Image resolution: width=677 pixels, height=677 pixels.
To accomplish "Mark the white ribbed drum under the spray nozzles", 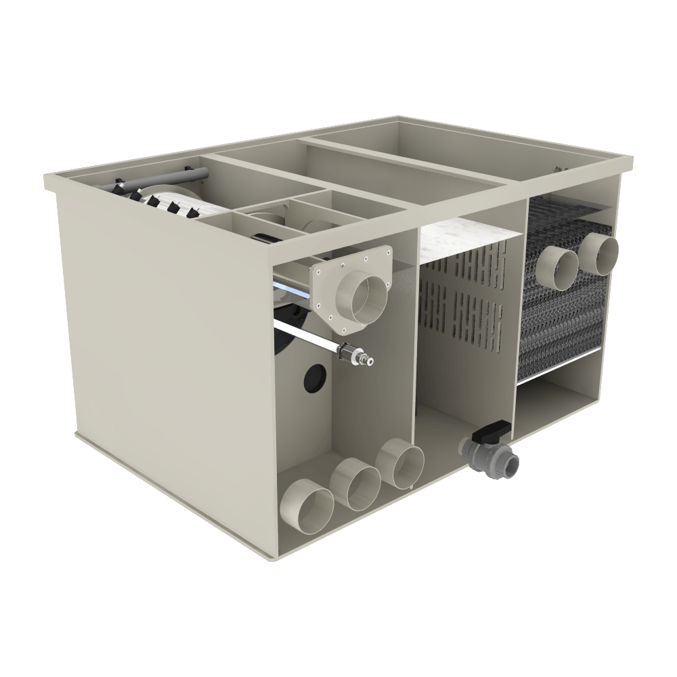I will point(183,203).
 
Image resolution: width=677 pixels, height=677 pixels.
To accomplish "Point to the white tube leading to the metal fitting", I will point(305,336).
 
